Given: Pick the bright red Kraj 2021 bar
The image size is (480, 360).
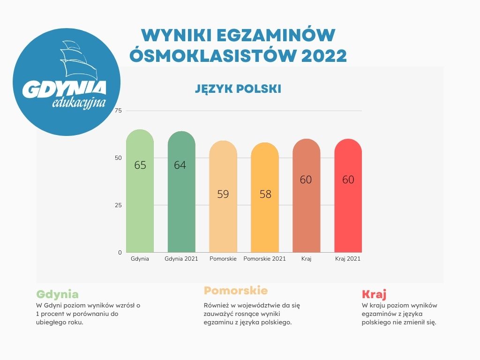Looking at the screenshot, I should (348, 211).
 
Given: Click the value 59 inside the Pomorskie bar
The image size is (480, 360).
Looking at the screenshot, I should (223, 194).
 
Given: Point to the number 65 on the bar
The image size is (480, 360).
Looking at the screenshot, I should (140, 165).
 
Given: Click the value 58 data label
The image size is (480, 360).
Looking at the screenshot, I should (265, 194).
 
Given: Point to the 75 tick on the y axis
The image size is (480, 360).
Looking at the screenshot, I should (118, 111).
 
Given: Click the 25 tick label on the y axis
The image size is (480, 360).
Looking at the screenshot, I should (118, 205).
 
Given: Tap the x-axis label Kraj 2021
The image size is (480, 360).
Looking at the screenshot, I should (348, 259).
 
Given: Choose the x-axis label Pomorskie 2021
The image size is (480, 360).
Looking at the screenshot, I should (265, 259).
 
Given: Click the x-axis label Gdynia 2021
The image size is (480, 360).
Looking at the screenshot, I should (181, 259).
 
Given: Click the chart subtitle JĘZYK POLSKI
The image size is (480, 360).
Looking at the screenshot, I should (238, 89).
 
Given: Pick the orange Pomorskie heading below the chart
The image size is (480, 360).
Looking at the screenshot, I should (235, 290).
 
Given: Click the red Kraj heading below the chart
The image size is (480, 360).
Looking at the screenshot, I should (374, 294).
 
